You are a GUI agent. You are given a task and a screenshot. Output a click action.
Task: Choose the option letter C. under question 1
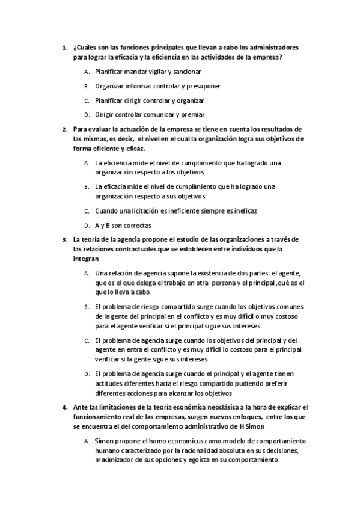click(x=87, y=100)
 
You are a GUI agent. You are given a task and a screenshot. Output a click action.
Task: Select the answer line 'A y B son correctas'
click(x=123, y=225)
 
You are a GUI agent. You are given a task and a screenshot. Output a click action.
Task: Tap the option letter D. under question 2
click(x=87, y=226)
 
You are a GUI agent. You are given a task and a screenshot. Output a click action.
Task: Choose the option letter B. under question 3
click(x=87, y=307)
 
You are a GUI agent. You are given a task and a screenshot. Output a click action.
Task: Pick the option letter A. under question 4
click(x=87, y=441)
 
